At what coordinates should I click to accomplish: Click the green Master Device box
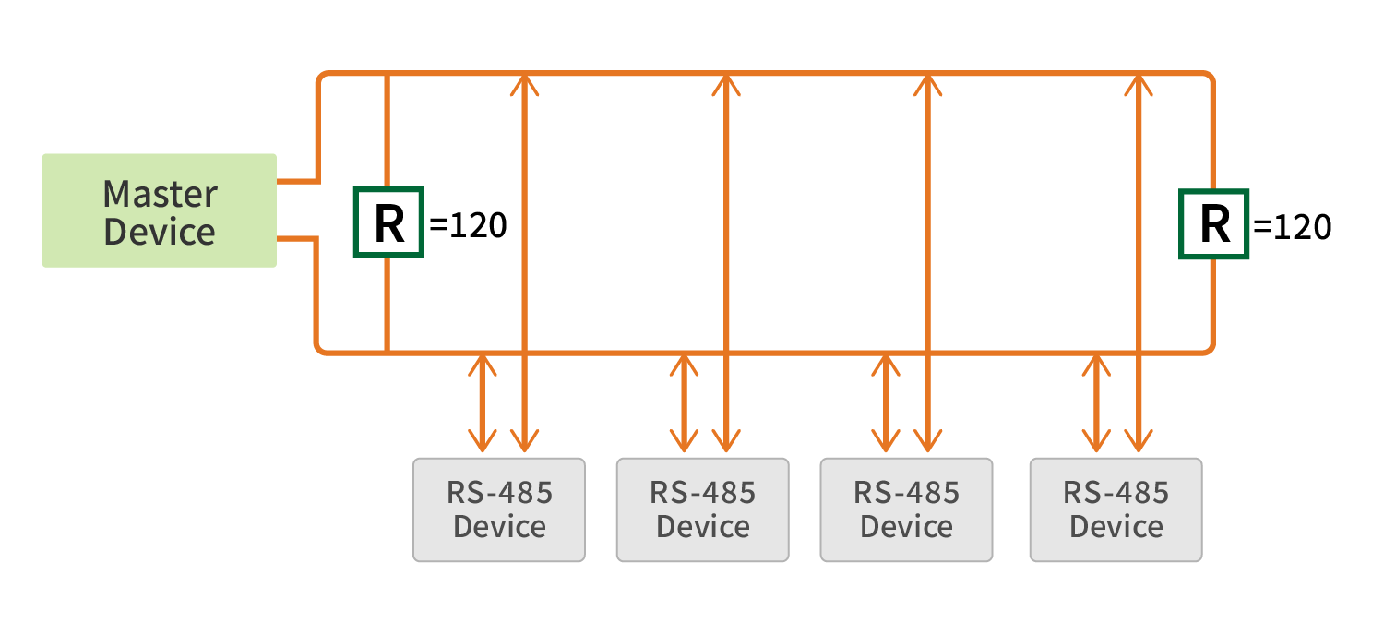coord(159,210)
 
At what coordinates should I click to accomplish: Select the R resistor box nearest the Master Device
coord(388,222)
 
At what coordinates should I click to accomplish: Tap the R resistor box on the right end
coord(1213,222)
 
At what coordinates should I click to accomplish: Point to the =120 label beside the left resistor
coord(468,225)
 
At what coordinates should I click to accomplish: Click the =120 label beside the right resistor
coord(1293,225)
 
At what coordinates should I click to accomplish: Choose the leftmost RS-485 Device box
coord(499,509)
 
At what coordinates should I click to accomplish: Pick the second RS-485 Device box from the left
coord(703,509)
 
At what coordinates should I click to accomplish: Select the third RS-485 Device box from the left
coord(907,509)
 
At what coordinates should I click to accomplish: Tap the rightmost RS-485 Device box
coord(1116,509)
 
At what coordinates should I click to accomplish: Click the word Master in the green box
coord(160,194)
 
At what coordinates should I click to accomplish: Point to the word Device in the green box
coord(160,231)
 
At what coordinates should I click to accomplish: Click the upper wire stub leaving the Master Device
coord(297,181)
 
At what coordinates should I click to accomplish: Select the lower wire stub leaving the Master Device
coord(297,239)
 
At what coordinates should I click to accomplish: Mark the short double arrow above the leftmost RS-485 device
coord(482,401)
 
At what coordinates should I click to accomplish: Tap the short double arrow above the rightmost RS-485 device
coord(1096,401)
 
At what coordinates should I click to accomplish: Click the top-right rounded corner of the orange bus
coord(1208,78)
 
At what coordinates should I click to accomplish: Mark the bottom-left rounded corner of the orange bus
coord(323,347)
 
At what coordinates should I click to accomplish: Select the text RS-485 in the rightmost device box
coord(1116,492)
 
